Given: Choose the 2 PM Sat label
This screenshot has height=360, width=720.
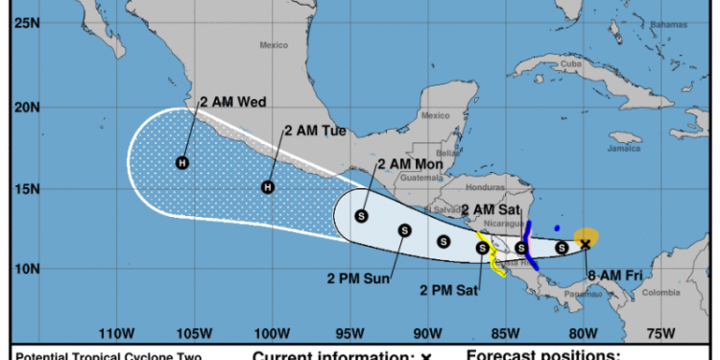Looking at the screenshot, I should coord(452,289).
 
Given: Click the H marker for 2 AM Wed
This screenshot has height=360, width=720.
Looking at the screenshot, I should coord(182,163).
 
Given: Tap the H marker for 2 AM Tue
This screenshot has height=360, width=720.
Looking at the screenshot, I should coord(268,187).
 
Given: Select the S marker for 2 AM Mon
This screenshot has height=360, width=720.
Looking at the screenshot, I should coord(362,216).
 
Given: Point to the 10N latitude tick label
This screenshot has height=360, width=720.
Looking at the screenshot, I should coord(26,270).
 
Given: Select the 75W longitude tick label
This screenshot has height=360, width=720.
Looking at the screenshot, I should coord(660,333).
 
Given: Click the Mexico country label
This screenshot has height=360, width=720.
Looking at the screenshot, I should coord(275,45).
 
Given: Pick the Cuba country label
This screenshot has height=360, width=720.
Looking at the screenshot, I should coord(572,63).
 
